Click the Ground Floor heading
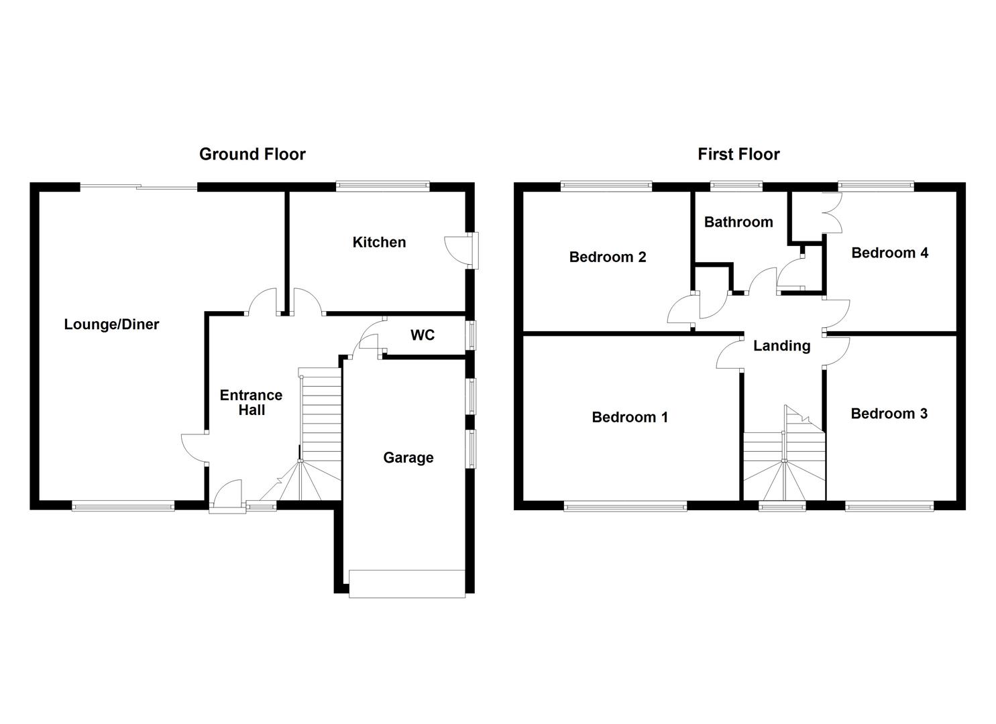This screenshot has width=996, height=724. [252, 154]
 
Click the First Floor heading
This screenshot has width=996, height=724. [738, 154]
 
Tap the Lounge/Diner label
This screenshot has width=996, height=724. [111, 324]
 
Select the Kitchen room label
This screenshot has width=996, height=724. [379, 242]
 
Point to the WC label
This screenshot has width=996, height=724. [423, 335]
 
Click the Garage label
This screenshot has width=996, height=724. [408, 458]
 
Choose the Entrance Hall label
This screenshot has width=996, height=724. [252, 402]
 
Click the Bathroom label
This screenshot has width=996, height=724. [738, 222]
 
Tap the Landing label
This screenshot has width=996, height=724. [781, 346]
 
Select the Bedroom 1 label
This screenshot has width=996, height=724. [630, 418]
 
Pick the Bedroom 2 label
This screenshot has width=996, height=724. [608, 257]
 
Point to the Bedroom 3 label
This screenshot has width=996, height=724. [889, 414]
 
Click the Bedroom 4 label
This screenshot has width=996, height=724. [889, 253]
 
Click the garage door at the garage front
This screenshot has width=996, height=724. [407, 583]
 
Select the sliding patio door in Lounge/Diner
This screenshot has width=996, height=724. [139, 187]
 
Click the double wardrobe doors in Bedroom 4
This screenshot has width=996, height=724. [831, 213]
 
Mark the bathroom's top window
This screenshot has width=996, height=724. [736, 186]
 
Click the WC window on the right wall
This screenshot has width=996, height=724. [472, 335]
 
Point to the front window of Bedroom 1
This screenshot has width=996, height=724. [625, 507]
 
